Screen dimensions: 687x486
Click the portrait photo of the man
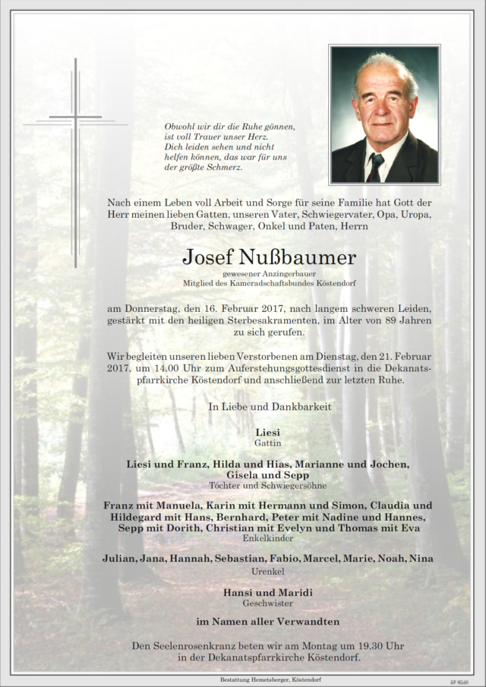(x=383, y=114)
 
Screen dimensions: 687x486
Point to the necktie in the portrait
(x=375, y=166)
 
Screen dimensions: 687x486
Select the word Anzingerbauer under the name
(x=272, y=274)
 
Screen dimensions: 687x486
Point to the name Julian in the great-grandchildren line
(x=119, y=559)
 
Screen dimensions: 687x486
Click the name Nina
(x=421, y=559)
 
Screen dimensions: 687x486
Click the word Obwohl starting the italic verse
(x=180, y=127)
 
